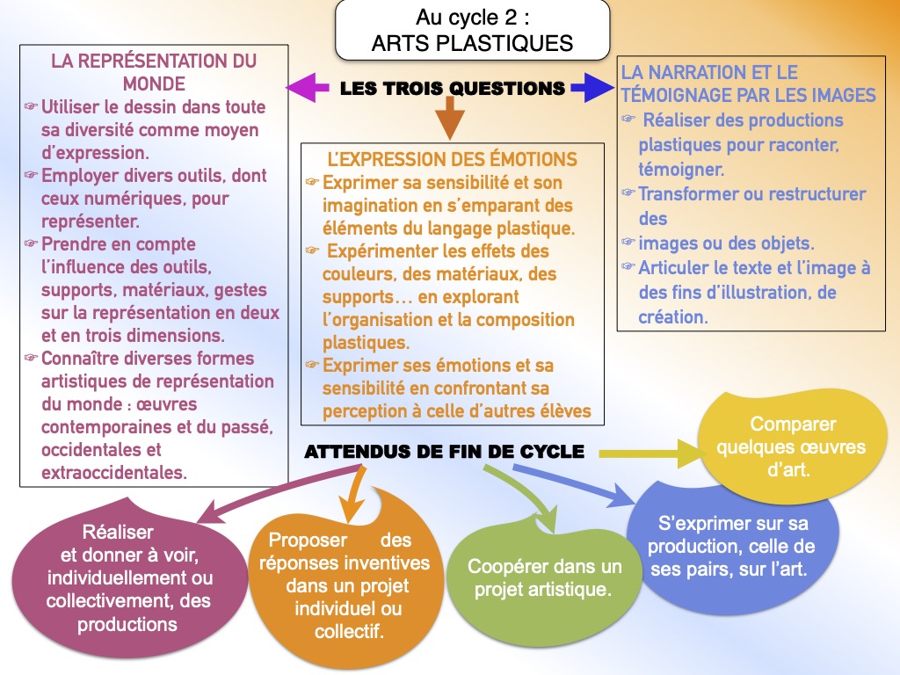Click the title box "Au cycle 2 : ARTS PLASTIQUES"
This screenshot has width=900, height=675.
472,30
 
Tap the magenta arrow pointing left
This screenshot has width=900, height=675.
308,88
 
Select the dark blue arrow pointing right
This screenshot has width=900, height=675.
592,88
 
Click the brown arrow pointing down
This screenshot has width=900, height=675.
450,118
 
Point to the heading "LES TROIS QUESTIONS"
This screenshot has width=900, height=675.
453,89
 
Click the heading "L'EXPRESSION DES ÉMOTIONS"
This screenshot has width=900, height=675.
453,159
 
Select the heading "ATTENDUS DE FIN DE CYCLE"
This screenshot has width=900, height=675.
444,452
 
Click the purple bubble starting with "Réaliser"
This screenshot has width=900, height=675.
128,580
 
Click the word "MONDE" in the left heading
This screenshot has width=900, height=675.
154,83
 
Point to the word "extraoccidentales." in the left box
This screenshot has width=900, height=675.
114,472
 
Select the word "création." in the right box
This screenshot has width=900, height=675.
673,316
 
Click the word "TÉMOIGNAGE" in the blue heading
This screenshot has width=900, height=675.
675,95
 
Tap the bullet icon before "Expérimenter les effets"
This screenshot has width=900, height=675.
312,250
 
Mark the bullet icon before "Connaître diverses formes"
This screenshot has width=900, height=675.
31,358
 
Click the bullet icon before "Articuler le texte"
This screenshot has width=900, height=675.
628,266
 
